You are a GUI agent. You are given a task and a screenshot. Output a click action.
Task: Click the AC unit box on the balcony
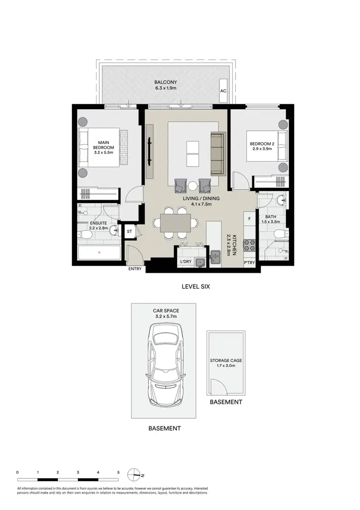223,91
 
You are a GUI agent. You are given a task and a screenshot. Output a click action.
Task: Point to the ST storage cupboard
130,231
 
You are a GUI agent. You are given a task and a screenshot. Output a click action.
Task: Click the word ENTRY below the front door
135,269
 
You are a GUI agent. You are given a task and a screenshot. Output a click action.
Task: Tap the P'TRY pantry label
249,263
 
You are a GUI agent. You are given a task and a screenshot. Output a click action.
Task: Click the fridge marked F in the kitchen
249,219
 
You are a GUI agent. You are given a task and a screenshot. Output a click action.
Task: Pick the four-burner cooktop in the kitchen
250,245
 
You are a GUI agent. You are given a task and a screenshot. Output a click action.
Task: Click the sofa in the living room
217,154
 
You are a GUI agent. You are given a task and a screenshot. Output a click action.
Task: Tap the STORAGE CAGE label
225,360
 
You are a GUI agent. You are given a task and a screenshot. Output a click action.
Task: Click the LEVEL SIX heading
196,287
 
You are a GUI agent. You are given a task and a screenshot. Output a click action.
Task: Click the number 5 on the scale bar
118,473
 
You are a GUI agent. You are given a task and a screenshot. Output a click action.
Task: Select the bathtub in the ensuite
99,253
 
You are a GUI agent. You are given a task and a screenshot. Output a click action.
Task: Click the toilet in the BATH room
277,234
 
